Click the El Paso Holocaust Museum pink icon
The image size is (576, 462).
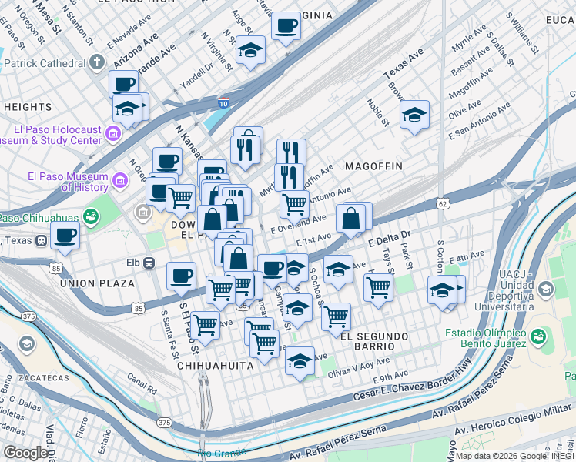(x=112, y=134)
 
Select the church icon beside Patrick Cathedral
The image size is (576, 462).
(x=96, y=62)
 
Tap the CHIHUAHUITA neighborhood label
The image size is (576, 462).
(x=215, y=366)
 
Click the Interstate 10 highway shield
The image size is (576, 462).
(x=223, y=102)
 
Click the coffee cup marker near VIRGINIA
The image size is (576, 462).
(x=286, y=25)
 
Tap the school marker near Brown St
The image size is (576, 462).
(x=414, y=115)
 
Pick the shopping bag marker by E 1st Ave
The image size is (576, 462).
(x=350, y=219)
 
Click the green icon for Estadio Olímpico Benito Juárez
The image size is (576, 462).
(x=537, y=336)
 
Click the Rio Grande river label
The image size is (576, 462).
(x=222, y=452)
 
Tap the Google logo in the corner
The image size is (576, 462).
(x=25, y=453)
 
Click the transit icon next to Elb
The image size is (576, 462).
(x=151, y=263)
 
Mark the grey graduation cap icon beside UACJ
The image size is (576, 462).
(x=547, y=290)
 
